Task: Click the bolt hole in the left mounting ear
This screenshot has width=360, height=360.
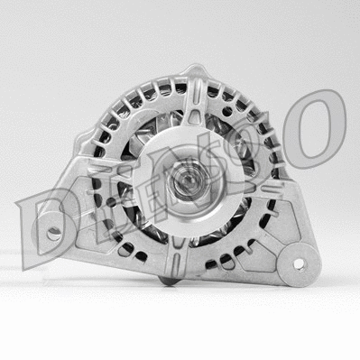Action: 55,233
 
